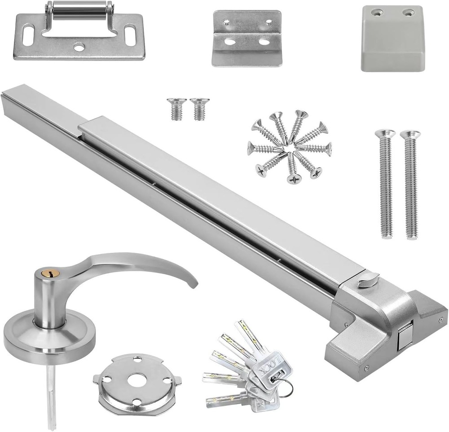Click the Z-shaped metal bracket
[x=247, y=38]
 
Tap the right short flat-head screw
[x=197, y=109]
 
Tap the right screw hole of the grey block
[x=408, y=13]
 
